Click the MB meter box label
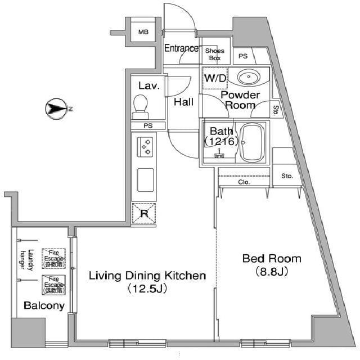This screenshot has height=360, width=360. (144, 32)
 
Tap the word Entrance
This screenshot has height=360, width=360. (181, 48)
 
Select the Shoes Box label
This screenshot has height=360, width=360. (215, 54)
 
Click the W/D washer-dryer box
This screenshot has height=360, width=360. (214, 78)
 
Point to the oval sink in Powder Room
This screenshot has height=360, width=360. (247, 76)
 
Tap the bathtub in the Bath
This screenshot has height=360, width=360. (254, 142)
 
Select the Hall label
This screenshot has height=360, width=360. (183, 102)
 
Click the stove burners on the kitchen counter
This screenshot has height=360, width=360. (146, 148)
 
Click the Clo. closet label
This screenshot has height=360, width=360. (244, 182)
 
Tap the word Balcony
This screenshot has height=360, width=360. (43, 306)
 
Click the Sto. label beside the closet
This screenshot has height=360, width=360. (287, 176)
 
